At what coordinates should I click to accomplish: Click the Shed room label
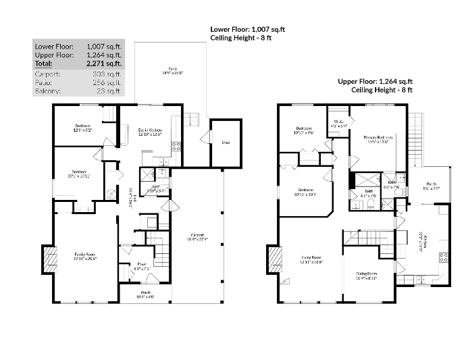point(225,143)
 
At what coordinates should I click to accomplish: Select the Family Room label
point(85,255)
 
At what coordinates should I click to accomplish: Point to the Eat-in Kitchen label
point(149,130)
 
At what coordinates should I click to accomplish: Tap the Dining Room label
point(367,274)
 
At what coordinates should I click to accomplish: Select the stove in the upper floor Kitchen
point(444,257)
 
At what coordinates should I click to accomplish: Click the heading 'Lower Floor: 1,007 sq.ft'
point(247,30)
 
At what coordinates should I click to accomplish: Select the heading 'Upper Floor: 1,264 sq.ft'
point(375,82)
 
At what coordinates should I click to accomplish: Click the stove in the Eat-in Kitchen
point(176,145)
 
